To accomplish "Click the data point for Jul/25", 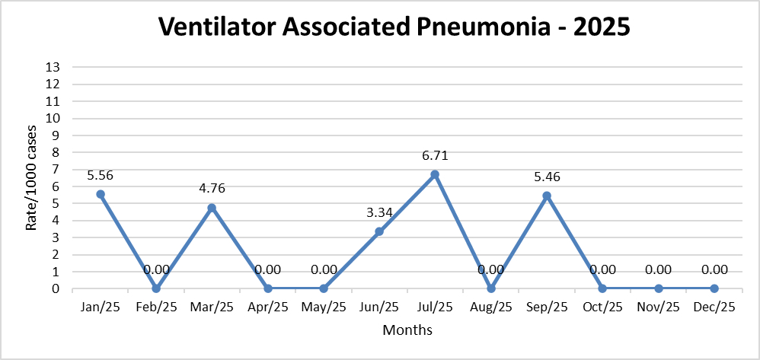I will (x=435, y=174).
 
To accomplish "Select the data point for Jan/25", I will (x=101, y=194).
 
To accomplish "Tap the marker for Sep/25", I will (x=547, y=196).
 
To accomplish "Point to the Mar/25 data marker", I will (x=212, y=208).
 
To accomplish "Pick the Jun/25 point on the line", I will (x=379, y=231).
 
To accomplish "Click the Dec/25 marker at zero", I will (x=714, y=288).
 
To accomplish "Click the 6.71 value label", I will (x=435, y=156).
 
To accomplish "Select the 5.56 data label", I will (x=101, y=175).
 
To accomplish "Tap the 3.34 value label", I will (x=379, y=213).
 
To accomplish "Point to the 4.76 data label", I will (x=212, y=189).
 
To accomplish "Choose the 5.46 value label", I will (x=547, y=177).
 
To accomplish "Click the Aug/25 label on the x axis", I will (x=491, y=307).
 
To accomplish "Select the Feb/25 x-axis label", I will (x=156, y=307).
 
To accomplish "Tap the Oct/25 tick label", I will (x=602, y=307).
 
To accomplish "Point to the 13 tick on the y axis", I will (x=54, y=67).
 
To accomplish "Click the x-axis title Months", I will (x=407, y=330).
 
